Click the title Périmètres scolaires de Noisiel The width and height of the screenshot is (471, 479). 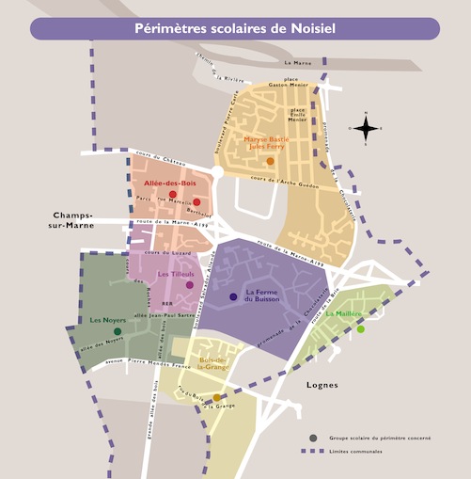(235, 28)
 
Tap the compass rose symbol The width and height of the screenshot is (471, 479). (367, 128)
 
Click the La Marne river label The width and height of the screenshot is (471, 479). (295, 62)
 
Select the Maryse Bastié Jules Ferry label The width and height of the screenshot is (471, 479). (270, 144)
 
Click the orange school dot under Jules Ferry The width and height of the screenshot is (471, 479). (270, 162)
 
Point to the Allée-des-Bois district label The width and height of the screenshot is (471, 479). (169, 184)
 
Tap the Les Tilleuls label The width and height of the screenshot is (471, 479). (175, 273)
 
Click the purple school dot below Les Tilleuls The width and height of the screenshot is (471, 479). (190, 284)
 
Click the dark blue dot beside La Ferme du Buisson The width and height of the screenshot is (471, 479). (233, 297)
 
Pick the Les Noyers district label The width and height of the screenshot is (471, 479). (108, 321)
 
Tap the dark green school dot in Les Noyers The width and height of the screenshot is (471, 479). (118, 331)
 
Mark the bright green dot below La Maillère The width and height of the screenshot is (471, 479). (360, 329)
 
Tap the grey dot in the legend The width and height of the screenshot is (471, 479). (313, 439)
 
